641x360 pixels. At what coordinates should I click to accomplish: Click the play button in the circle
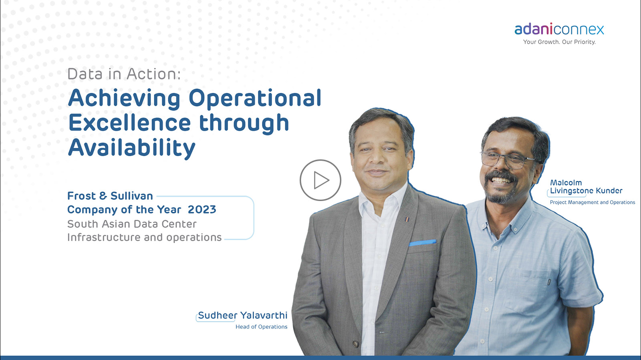click(320, 180)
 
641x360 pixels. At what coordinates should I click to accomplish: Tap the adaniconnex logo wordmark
click(559, 29)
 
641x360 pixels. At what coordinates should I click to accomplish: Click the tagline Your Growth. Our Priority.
click(559, 42)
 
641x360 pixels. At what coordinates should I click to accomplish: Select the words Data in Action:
click(124, 74)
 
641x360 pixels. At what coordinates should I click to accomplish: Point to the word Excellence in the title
click(129, 123)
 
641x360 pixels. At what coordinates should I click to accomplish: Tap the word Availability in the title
click(132, 148)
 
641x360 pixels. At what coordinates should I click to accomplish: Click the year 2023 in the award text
click(202, 209)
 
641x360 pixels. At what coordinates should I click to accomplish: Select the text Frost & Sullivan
click(110, 196)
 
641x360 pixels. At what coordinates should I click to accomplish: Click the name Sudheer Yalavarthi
click(243, 315)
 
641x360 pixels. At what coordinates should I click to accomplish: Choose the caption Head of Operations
click(261, 327)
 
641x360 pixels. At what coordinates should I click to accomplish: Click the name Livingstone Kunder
click(586, 191)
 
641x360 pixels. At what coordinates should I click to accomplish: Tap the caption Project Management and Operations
click(593, 203)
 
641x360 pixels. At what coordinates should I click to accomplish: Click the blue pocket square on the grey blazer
click(423, 243)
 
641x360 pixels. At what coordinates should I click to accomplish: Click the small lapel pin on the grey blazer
click(407, 219)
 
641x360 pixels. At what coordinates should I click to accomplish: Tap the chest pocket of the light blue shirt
click(533, 289)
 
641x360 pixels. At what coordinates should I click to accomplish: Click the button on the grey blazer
click(356, 344)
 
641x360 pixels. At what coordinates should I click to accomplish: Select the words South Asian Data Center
click(132, 224)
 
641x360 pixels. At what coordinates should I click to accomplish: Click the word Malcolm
click(566, 183)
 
